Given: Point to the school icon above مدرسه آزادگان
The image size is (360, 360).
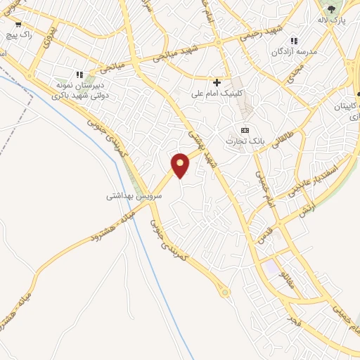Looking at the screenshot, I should click(294, 41).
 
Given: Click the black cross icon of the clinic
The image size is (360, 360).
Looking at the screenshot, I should click(217, 82).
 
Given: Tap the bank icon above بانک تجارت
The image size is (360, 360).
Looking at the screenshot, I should click(245, 130).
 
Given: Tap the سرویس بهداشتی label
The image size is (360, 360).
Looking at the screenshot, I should click(134, 196).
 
